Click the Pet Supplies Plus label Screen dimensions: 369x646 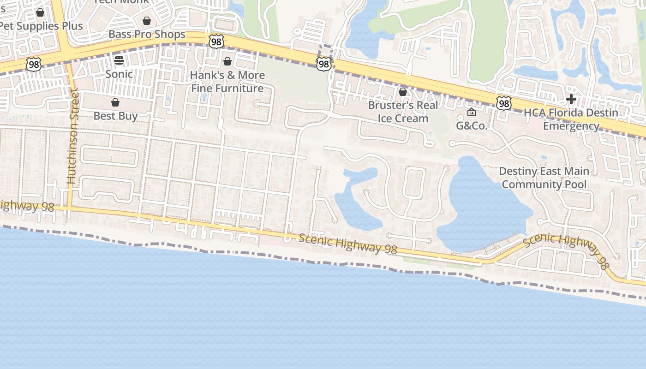(x=42, y=26)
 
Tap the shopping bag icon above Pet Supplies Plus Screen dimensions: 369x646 (x=40, y=12)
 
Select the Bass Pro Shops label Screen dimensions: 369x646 (x=147, y=34)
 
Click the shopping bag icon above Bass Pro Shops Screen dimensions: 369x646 (x=147, y=21)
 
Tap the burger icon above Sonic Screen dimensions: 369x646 (x=119, y=60)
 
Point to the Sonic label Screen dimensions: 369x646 (x=119, y=74)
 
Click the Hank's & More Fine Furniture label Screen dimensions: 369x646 (x=227, y=82)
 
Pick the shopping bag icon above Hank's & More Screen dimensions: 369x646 (x=227, y=61)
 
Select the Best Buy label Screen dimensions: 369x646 (x=115, y=116)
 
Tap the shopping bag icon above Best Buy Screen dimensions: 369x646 (x=115, y=102)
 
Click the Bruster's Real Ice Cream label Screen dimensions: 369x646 (x=403, y=112)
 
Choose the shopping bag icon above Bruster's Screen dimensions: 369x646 (x=403, y=92)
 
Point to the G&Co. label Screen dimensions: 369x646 (x=472, y=125)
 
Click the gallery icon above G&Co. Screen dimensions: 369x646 (x=472, y=112)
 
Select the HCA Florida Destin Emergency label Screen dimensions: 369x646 (x=571, y=119)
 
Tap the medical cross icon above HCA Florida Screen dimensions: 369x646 (x=571, y=99)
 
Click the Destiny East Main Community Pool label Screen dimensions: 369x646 (x=544, y=178)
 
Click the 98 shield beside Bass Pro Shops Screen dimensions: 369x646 (x=216, y=42)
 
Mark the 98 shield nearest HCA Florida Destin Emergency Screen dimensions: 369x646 (x=504, y=103)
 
